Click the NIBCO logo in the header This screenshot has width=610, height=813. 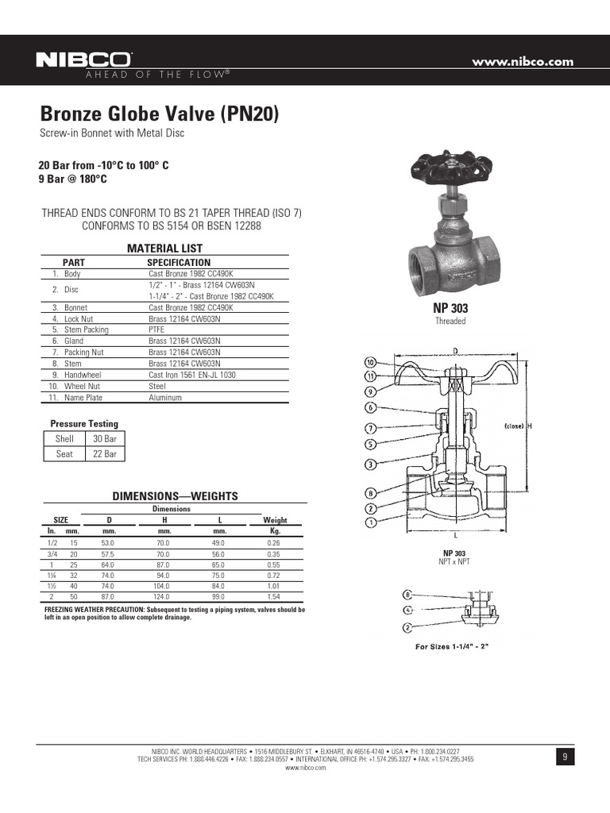coord(84,60)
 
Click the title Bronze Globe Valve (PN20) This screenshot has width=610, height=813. coord(160,114)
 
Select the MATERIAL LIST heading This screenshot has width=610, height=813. coord(165,249)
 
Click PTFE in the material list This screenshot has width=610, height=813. coord(156,329)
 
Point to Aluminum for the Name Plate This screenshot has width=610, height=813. coord(165,397)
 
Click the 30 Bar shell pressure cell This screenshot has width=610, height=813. coord(105,438)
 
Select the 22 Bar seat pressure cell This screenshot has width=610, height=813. coord(105,454)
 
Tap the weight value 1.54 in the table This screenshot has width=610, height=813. coord(275,595)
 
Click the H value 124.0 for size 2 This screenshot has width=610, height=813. coord(165,595)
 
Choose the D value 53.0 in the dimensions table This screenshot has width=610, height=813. coord(110,541)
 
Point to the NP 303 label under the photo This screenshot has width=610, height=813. coord(450,308)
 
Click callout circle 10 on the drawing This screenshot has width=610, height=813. coord(370,361)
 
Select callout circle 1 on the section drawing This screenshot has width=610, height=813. coord(370,522)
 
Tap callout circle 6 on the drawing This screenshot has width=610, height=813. coord(370,408)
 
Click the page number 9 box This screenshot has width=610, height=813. coord(565,757)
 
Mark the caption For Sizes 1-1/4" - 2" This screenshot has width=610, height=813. coord(452,646)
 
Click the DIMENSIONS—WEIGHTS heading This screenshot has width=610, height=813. coord(176,496)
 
